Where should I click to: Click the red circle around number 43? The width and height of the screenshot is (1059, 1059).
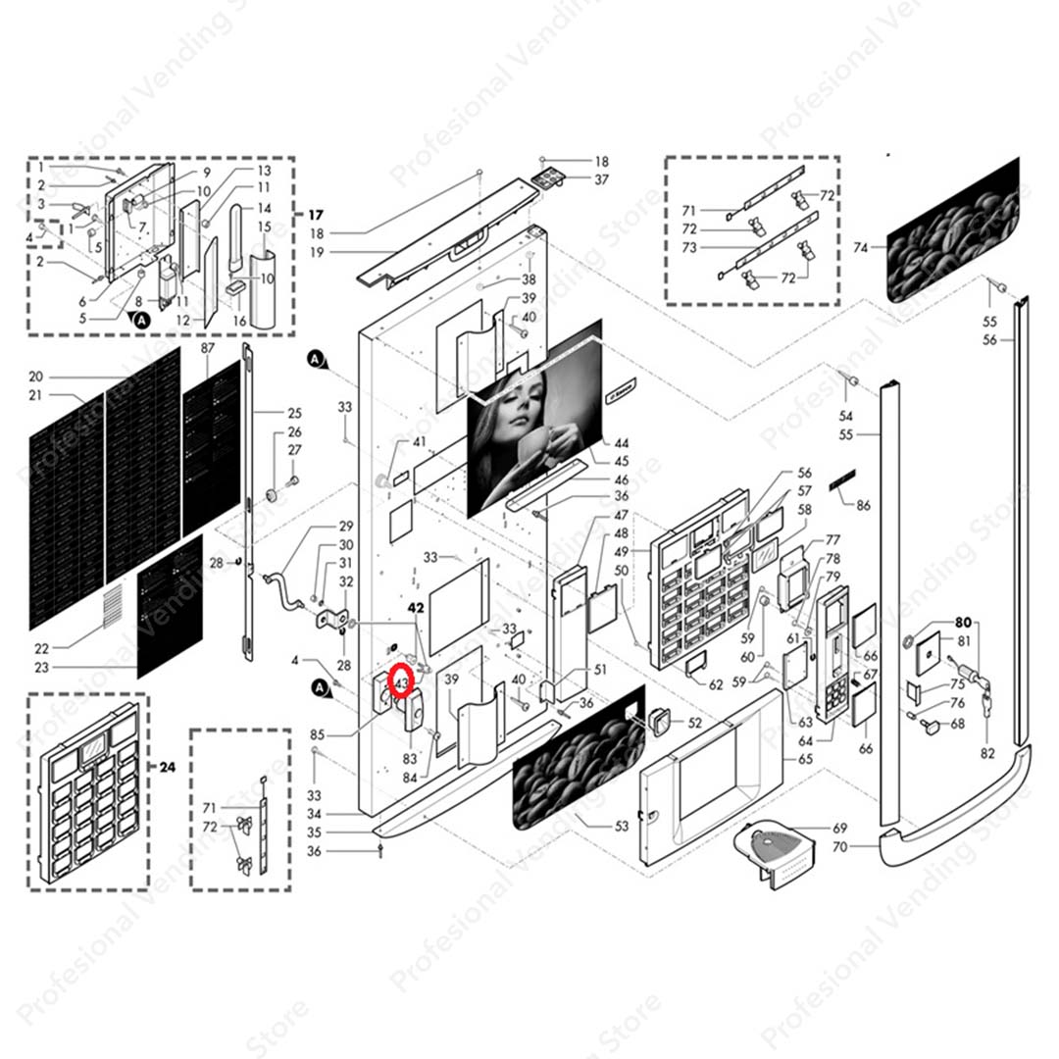click(401, 680)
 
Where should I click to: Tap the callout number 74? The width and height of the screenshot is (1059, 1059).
click(861, 248)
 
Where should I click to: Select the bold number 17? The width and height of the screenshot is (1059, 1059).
click(315, 215)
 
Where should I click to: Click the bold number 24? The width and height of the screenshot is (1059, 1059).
click(167, 768)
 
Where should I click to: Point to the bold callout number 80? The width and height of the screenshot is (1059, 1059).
click(963, 622)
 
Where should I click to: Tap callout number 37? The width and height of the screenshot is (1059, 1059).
click(601, 179)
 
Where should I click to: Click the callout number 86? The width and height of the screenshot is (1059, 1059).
click(863, 505)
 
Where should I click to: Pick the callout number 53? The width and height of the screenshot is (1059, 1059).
click(621, 826)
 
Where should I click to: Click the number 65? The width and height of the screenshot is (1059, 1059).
click(805, 759)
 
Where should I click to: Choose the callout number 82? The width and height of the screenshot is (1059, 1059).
click(987, 753)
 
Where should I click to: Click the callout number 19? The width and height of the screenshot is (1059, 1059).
click(317, 253)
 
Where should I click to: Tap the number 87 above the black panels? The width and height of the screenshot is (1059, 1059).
click(207, 349)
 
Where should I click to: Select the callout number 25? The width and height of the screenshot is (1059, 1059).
click(294, 413)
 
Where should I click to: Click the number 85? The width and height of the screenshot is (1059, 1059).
click(317, 734)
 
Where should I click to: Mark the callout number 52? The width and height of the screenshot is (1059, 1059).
click(694, 723)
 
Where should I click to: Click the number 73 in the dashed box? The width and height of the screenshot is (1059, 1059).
click(688, 248)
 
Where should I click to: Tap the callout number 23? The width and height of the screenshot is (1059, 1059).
click(40, 668)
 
